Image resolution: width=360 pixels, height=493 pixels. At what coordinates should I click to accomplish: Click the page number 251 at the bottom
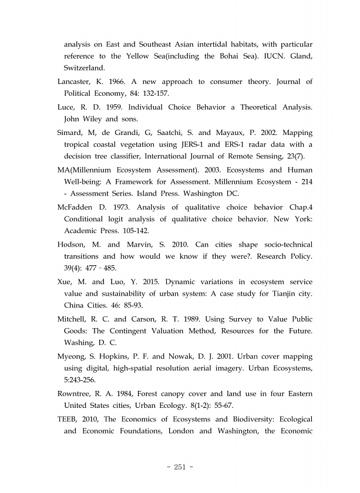click(x=180, y=467)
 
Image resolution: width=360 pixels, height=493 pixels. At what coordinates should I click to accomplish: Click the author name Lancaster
click(x=76, y=82)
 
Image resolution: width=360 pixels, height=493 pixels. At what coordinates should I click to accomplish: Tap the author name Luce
click(x=66, y=107)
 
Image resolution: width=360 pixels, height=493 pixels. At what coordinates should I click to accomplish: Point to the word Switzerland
click(x=84, y=67)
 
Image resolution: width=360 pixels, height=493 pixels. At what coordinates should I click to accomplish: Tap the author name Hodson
click(x=73, y=245)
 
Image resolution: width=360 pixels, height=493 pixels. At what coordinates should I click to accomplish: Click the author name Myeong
click(x=73, y=357)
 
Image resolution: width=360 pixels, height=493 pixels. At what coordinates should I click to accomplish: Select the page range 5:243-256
click(x=83, y=379)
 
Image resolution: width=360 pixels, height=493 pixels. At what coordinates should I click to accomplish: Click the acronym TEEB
click(x=69, y=419)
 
